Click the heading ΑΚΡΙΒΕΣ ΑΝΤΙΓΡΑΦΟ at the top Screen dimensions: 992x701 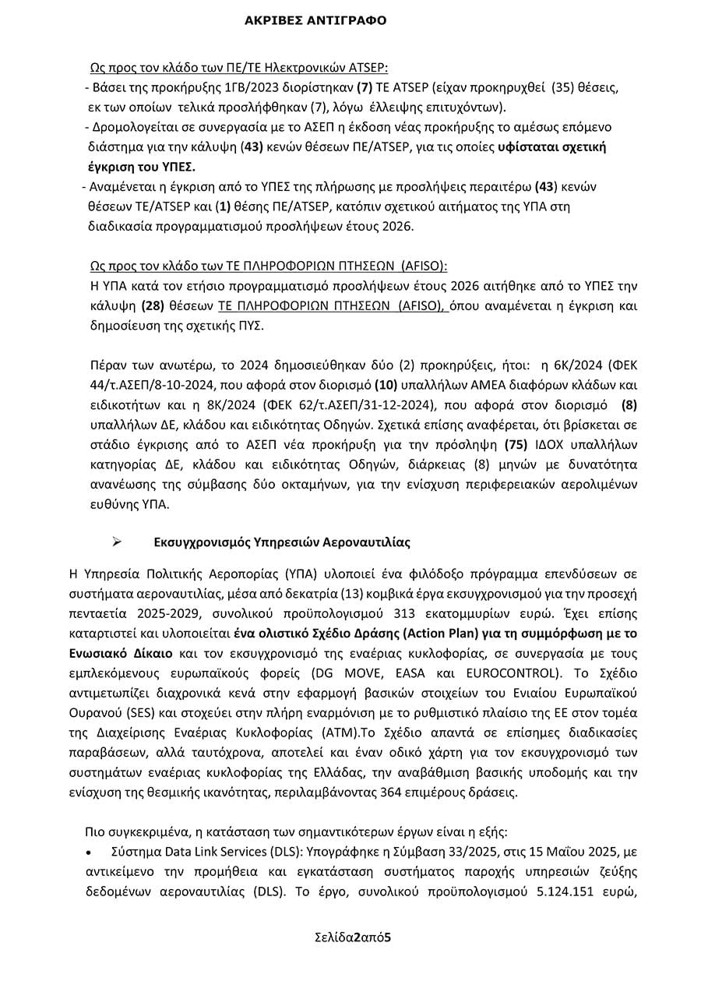[315, 21]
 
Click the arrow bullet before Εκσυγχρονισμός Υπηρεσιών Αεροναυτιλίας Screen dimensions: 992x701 [118, 542]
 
